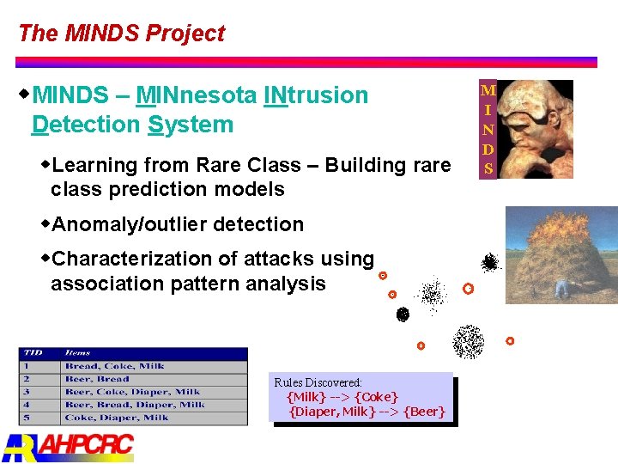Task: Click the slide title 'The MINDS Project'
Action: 121,34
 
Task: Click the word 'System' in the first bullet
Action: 190,125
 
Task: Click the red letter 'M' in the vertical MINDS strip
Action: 488,90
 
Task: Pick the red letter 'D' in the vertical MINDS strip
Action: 488,150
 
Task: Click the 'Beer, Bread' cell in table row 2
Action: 96,379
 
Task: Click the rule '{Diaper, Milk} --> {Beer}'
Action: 367,412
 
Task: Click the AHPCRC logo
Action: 69,446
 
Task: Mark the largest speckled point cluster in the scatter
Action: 468,342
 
